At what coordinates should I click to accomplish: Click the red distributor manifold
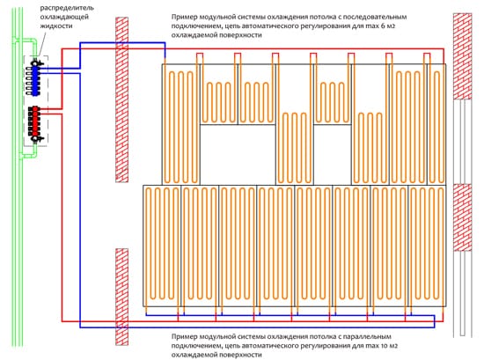(x=35, y=121)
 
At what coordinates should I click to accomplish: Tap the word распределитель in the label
(x=67, y=8)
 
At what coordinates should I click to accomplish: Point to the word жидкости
(x=56, y=26)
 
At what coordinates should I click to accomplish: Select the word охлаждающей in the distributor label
(x=64, y=17)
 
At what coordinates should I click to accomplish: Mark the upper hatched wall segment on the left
(x=121, y=99)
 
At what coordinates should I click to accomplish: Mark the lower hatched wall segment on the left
(x=121, y=297)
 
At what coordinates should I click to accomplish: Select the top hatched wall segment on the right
(x=462, y=56)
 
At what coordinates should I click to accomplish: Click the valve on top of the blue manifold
(x=36, y=63)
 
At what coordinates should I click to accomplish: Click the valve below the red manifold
(x=36, y=138)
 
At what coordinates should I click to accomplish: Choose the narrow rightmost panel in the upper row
(x=436, y=124)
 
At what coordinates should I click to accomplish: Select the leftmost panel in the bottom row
(x=162, y=246)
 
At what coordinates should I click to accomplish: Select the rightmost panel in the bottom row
(x=427, y=246)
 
